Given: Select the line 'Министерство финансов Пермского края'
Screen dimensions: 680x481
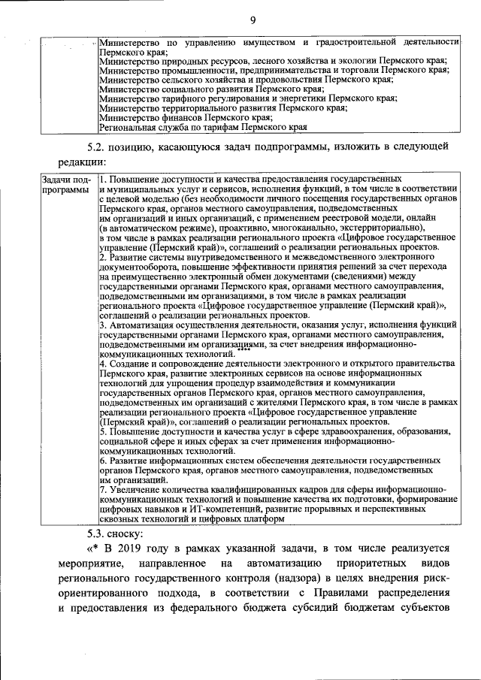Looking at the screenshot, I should click(x=186, y=117).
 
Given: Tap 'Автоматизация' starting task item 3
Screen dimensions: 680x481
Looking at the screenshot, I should click(x=143, y=325).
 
